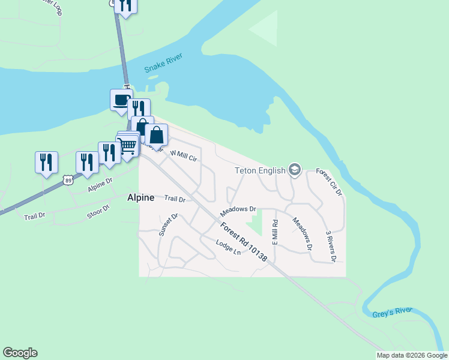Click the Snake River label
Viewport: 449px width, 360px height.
(163, 64)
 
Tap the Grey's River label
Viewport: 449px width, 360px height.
(392, 311)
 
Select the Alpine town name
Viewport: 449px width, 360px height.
(140, 197)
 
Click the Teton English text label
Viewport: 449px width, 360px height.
(260, 170)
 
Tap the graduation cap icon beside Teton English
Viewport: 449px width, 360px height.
(294, 170)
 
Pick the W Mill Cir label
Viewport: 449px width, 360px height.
(184, 156)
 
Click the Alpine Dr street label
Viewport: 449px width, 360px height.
(100, 184)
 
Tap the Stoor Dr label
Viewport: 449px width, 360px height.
(99, 211)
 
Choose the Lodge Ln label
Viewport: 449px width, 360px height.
(229, 247)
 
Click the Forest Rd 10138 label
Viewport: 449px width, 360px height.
(243, 241)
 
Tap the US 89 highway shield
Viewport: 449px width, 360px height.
(68, 179)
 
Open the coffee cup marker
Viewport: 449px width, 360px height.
(121, 100)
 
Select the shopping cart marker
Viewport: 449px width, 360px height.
(127, 146)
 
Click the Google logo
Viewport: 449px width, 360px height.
(20, 353)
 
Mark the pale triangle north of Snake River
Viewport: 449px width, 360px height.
(266, 27)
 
